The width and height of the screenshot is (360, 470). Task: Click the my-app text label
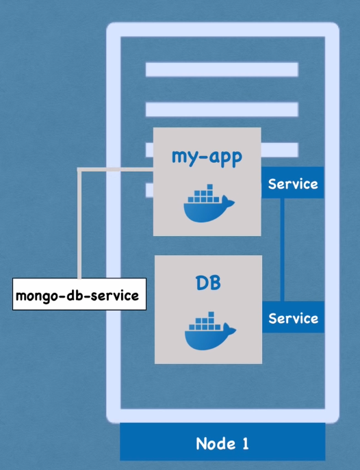(207, 157)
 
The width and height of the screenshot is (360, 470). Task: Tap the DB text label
(208, 283)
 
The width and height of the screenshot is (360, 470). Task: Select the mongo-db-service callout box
(79, 294)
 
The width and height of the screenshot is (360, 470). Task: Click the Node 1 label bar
(222, 442)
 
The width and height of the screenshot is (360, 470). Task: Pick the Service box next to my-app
(292, 183)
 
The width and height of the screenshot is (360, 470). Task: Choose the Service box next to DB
(293, 317)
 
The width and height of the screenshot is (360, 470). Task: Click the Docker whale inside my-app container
(209, 203)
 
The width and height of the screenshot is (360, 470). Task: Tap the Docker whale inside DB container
(210, 330)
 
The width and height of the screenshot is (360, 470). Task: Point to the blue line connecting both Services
(282, 250)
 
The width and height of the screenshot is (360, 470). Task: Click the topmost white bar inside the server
(222, 70)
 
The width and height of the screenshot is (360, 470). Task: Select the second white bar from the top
(222, 109)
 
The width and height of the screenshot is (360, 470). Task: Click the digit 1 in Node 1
(246, 443)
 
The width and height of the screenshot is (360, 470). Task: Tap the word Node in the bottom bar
(216, 443)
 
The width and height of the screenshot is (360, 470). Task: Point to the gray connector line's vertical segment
(79, 224)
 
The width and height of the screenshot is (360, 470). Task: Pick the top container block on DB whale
(211, 315)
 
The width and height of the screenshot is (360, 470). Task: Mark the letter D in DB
(201, 283)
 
